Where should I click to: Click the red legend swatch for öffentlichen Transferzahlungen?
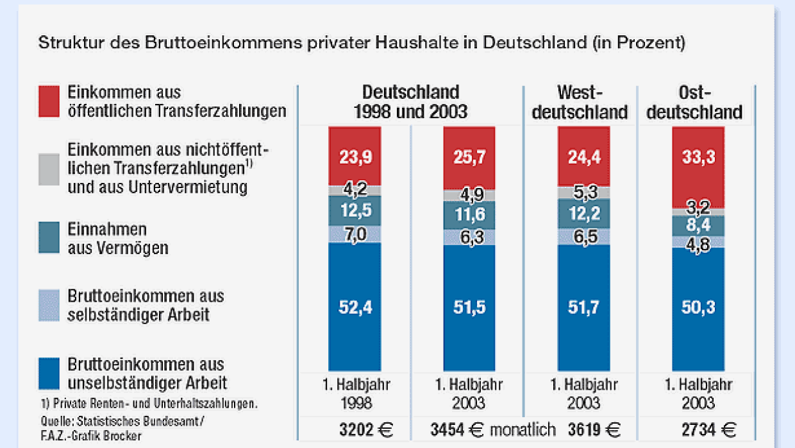(x=49, y=101)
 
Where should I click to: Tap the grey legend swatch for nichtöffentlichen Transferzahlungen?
(x=49, y=169)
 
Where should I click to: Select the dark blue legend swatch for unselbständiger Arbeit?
(x=49, y=374)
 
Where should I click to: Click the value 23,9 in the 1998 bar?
(x=355, y=156)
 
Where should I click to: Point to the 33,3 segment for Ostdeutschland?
(x=698, y=157)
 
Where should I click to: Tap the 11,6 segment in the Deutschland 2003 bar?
(x=469, y=215)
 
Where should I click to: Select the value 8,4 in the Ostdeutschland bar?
(x=698, y=225)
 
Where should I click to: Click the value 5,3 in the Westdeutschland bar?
(x=583, y=191)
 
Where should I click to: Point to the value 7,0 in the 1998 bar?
(x=355, y=234)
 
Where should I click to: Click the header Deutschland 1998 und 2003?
(x=410, y=101)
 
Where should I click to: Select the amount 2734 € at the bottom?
(x=699, y=430)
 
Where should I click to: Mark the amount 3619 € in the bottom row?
(x=594, y=430)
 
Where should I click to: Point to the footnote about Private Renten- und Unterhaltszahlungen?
(x=149, y=404)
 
